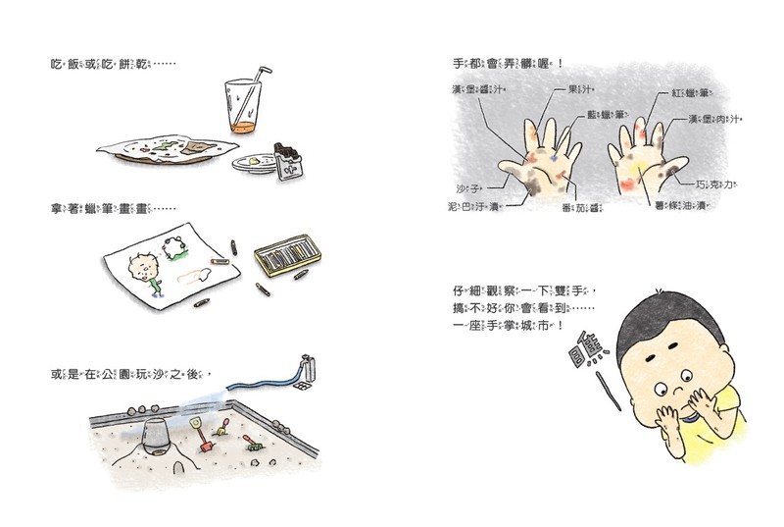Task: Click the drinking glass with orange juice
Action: click(240, 108)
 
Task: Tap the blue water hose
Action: click(265, 379)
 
